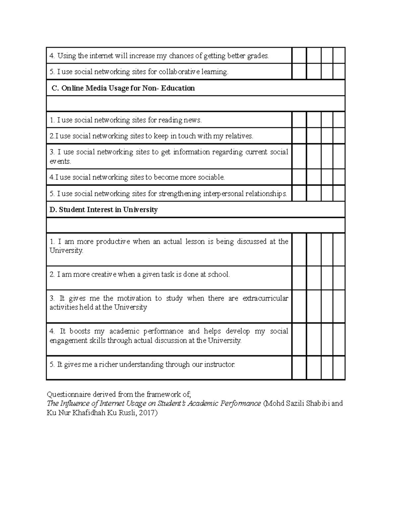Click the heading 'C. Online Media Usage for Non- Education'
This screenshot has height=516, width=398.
[x=123, y=88]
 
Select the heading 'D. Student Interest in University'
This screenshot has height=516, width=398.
[x=103, y=210]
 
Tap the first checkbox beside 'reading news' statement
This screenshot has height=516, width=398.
[x=299, y=120]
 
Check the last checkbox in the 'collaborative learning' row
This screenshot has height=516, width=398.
[x=339, y=72]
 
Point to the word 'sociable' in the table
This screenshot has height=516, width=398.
[x=211, y=177]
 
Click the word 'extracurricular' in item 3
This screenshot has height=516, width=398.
[x=265, y=298]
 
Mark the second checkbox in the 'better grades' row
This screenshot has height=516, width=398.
[x=314, y=56]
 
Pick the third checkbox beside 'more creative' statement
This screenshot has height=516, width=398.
[x=327, y=278]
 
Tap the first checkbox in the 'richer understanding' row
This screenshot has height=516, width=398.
[x=299, y=368]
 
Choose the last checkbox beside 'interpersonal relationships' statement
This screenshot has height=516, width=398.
[x=339, y=193]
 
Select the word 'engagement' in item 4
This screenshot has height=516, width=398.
[x=67, y=341]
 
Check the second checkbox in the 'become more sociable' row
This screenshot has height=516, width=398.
[x=314, y=177]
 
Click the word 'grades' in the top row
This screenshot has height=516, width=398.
[x=258, y=56]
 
